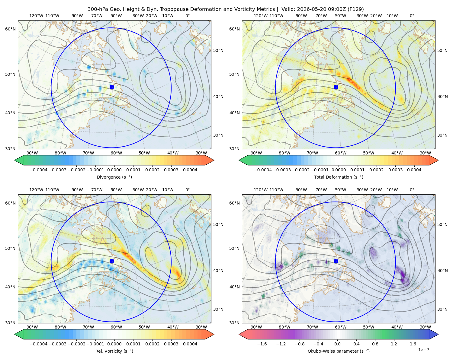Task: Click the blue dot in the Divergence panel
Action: coord(112,87)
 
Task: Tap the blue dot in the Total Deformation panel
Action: coord(336,87)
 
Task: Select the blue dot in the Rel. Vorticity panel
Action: coord(112,261)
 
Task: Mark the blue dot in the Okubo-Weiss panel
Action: coord(336,261)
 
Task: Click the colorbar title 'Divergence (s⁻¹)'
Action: coord(114,177)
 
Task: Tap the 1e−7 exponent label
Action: coord(423,350)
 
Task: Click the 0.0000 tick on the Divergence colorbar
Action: coord(114,170)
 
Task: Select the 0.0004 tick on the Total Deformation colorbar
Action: coord(414,170)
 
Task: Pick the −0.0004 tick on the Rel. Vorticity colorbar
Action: coord(39,344)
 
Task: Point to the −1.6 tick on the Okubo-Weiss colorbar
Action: coord(262,344)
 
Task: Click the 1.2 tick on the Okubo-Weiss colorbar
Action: coord(394,344)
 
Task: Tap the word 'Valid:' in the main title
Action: coord(288,9)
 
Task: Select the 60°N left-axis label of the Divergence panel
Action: coord(10,29)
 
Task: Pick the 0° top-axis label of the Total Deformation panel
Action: coord(412,16)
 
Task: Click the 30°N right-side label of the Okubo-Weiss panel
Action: coord(442,309)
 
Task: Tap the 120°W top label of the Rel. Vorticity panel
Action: coord(36,190)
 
